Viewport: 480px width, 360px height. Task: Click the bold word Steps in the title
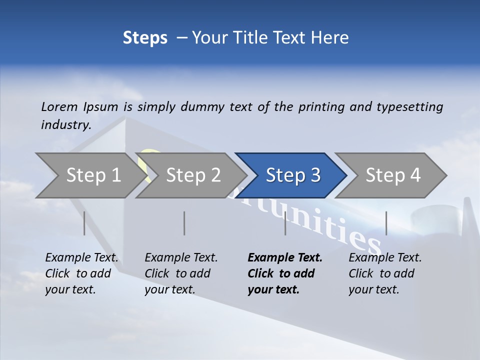pyautogui.click(x=145, y=37)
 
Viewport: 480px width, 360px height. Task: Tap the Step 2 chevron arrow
pyautogui.click(x=193, y=175)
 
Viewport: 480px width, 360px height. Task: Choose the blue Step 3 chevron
pyautogui.click(x=292, y=175)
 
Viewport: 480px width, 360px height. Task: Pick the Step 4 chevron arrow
pyautogui.click(x=393, y=175)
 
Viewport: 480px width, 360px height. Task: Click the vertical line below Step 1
pyautogui.click(x=84, y=223)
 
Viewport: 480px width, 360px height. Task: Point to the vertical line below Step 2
pyautogui.click(x=184, y=223)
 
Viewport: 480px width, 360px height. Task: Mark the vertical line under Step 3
pyautogui.click(x=285, y=223)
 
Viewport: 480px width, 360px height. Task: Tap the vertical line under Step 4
pyautogui.click(x=386, y=223)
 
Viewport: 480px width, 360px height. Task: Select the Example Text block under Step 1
pyautogui.click(x=81, y=273)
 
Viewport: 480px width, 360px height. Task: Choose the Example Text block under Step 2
pyautogui.click(x=181, y=273)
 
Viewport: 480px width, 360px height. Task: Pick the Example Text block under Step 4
pyautogui.click(x=385, y=273)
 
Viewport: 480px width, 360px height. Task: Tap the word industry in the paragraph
pyautogui.click(x=65, y=124)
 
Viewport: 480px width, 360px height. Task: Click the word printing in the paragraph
pyautogui.click(x=321, y=106)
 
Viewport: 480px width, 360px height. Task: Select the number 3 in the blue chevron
pyautogui.click(x=314, y=175)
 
